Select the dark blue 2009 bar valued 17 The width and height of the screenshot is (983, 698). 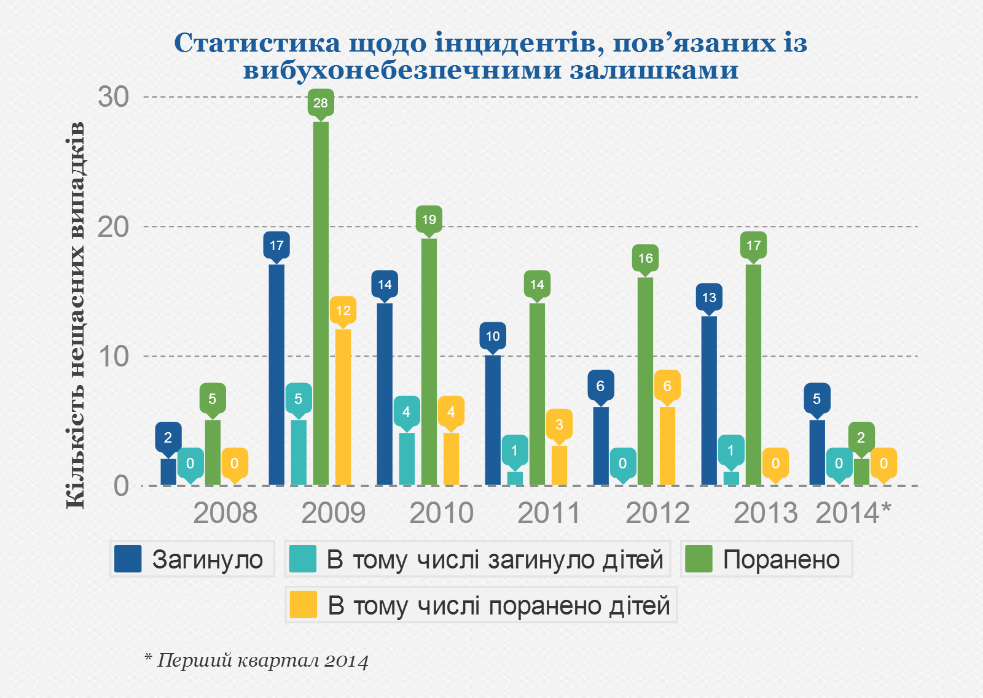276,374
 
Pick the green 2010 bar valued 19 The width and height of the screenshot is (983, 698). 429,362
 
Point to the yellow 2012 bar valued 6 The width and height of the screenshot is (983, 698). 667,446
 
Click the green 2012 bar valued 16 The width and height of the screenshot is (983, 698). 645,381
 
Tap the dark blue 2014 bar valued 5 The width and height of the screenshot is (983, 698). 817,452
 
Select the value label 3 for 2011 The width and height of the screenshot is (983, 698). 559,424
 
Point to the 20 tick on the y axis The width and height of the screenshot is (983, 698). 113,227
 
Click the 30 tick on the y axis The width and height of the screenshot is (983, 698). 113,97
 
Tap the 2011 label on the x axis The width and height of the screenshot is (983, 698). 549,513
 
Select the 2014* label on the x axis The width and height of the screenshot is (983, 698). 852,513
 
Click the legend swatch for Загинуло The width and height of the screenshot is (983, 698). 128,559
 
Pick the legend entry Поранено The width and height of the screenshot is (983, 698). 780,559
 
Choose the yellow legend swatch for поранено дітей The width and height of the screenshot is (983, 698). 303,605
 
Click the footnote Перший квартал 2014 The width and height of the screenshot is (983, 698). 257,661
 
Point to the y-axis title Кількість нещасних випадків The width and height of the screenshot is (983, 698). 75,315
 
